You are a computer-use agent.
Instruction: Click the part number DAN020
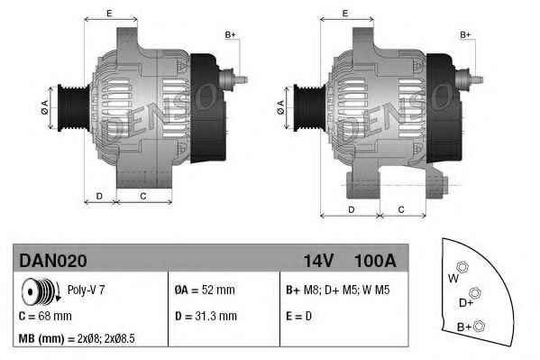point(53,261)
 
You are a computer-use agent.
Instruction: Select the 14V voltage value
point(318,261)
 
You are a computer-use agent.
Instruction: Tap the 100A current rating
point(376,261)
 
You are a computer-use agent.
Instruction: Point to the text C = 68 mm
point(46,316)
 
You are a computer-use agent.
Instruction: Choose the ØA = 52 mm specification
point(204,291)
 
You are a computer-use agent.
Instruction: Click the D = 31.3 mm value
point(206,316)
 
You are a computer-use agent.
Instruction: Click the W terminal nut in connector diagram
point(462,267)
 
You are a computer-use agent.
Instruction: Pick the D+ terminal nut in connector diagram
point(476,292)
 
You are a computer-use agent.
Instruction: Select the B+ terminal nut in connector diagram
point(480,325)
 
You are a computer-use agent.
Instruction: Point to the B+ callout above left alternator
point(230,34)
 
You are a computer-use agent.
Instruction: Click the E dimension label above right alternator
point(346,14)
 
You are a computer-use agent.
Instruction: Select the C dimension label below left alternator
point(143,196)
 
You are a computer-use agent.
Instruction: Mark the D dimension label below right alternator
point(350,209)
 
